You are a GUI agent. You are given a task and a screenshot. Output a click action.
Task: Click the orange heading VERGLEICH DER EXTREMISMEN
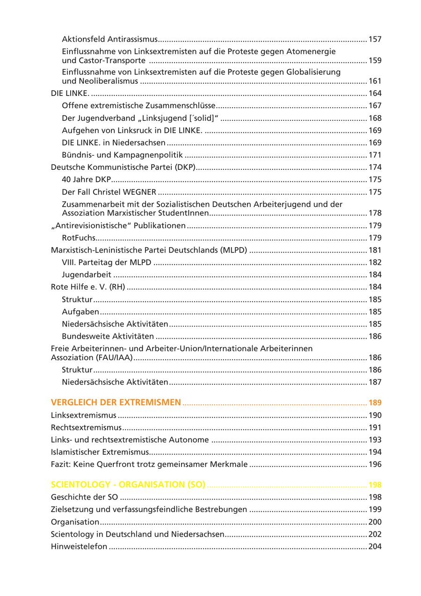click(x=116, y=402)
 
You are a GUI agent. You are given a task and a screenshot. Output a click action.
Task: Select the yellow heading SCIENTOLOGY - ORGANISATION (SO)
click(x=128, y=485)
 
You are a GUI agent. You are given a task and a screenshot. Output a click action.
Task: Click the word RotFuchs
click(x=79, y=238)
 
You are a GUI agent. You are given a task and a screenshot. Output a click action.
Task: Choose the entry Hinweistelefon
click(x=79, y=546)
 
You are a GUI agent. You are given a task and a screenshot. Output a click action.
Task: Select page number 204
click(x=375, y=546)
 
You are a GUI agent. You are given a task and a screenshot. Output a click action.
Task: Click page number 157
click(x=375, y=39)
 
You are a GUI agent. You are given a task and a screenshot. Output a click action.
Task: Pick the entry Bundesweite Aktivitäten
click(x=108, y=336)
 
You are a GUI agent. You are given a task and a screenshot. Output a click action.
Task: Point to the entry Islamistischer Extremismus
click(x=100, y=452)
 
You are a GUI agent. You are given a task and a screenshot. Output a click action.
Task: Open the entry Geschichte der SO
click(x=84, y=497)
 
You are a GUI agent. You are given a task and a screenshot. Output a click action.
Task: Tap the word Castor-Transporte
click(x=111, y=60)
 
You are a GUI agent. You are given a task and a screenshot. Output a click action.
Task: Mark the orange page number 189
click(x=375, y=402)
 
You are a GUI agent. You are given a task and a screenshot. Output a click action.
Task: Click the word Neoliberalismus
click(x=107, y=81)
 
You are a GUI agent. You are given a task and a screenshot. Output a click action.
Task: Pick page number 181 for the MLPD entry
click(x=375, y=250)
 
